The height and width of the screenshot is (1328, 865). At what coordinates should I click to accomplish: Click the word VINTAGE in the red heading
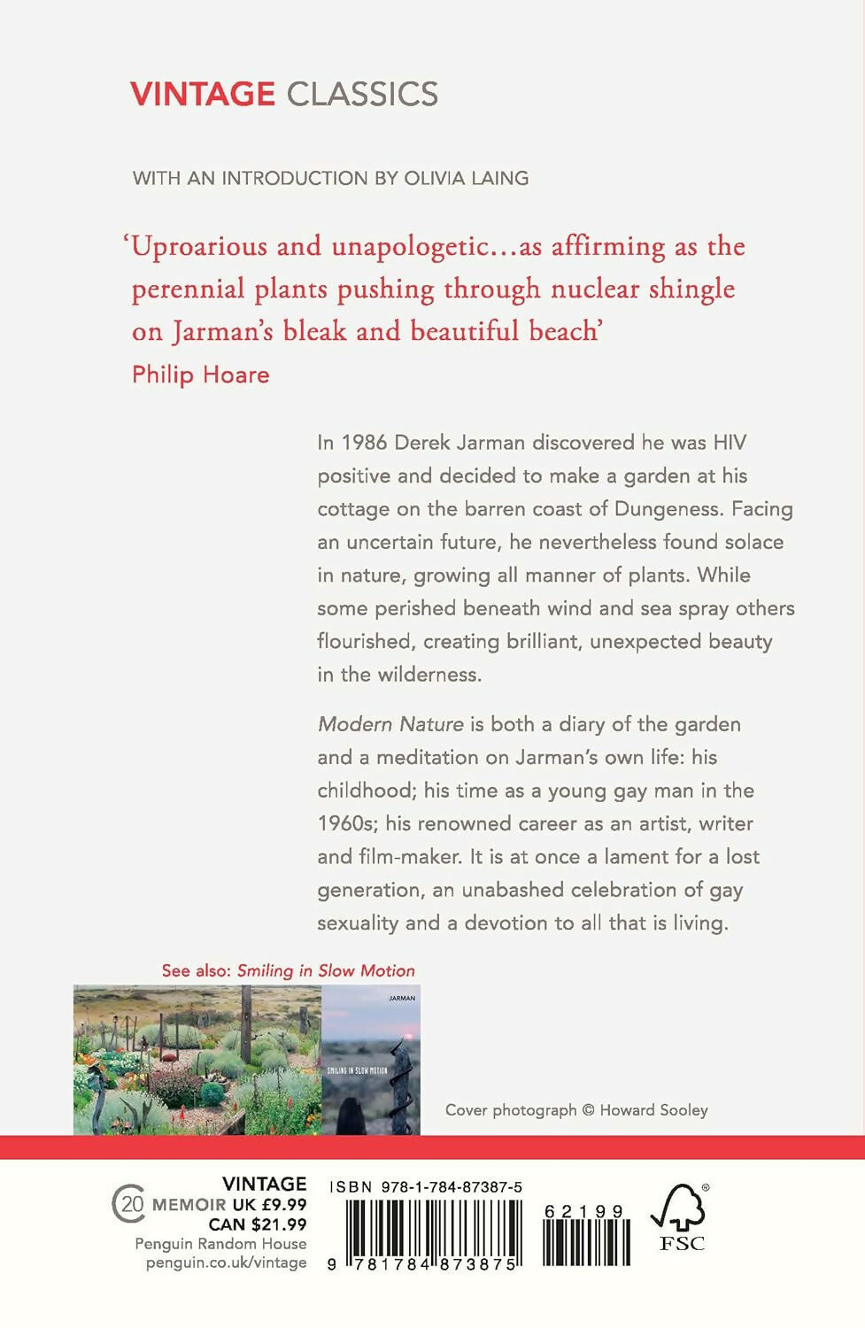click(x=203, y=94)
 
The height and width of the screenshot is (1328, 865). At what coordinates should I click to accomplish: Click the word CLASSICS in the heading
click(x=362, y=94)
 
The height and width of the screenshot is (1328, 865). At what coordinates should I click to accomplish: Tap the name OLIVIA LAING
click(x=466, y=178)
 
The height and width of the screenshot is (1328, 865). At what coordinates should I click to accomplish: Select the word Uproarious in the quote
click(x=200, y=246)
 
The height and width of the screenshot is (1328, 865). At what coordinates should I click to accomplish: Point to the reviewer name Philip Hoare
click(x=200, y=374)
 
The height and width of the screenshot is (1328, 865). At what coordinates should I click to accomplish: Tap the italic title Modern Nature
click(x=390, y=724)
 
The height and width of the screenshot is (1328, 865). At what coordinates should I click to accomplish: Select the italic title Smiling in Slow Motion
click(x=326, y=970)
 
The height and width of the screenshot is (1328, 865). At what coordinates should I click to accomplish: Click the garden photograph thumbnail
click(x=197, y=1060)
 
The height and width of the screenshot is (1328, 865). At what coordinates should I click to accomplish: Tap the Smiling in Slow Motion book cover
click(x=371, y=1060)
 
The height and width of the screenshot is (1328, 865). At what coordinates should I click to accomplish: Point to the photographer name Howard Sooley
click(x=653, y=1110)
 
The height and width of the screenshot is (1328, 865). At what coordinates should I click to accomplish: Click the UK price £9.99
click(x=283, y=1205)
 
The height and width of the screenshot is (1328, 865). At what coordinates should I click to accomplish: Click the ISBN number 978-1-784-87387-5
click(x=452, y=1187)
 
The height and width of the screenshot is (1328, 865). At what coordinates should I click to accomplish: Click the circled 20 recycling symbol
click(x=129, y=1205)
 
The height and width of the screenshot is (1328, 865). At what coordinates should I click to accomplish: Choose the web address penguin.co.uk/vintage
click(x=226, y=1262)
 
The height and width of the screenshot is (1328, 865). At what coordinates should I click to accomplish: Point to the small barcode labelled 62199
click(x=586, y=1236)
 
